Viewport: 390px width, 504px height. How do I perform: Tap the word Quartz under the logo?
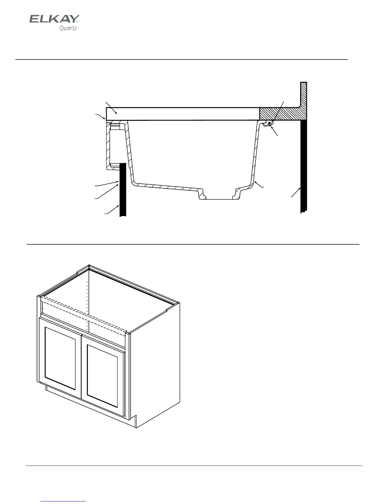point(68,28)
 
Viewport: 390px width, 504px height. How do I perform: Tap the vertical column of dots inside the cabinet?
point(88,305)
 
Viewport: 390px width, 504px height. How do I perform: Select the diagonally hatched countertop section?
point(280,114)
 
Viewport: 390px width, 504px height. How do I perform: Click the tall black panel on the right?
point(304,165)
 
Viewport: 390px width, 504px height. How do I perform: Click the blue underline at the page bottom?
point(63,501)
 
